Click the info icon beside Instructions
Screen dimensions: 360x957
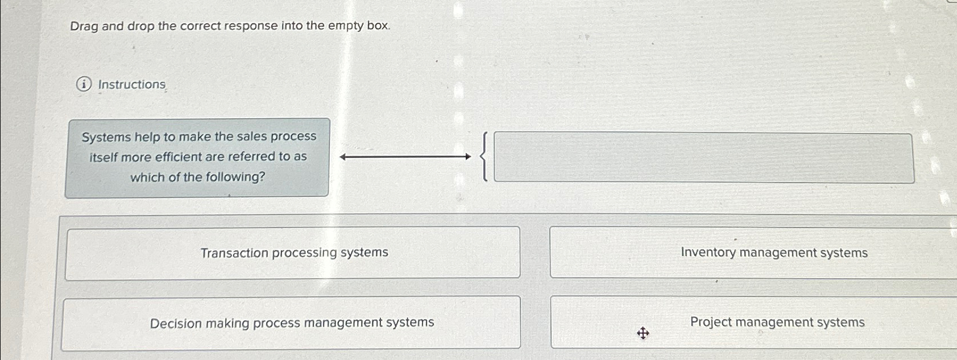[x=84, y=85]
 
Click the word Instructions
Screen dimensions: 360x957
[x=132, y=85]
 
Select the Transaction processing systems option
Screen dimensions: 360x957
[x=294, y=253]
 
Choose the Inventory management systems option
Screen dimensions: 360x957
[x=774, y=253]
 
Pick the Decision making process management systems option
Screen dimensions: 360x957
[x=292, y=323]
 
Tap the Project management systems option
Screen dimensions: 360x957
[x=777, y=322]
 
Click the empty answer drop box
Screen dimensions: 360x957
[x=703, y=158]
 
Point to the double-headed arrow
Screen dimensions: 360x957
[x=405, y=156]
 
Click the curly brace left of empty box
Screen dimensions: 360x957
[x=484, y=156]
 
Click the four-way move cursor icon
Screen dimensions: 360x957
[x=643, y=333]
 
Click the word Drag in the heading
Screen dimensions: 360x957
[x=84, y=26]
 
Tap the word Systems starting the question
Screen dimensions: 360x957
[x=106, y=137]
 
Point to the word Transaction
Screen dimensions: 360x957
[x=234, y=253]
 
